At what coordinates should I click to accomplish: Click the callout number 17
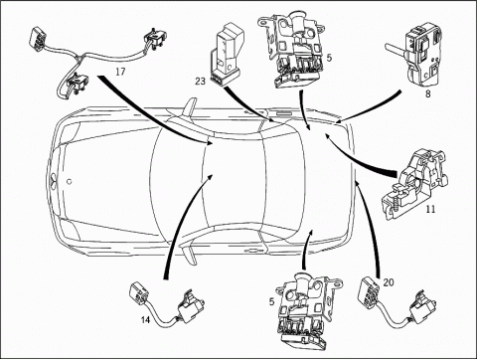120,72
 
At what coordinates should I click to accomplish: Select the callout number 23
201,81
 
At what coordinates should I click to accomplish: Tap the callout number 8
428,93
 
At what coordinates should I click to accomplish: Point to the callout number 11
431,209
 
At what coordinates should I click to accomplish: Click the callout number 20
389,282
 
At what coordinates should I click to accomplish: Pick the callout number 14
145,320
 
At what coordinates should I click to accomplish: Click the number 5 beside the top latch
329,58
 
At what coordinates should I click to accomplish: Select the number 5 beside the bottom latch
271,302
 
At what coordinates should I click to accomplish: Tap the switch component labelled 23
227,54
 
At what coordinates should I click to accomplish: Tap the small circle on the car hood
70,181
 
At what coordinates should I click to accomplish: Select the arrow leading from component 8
371,110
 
